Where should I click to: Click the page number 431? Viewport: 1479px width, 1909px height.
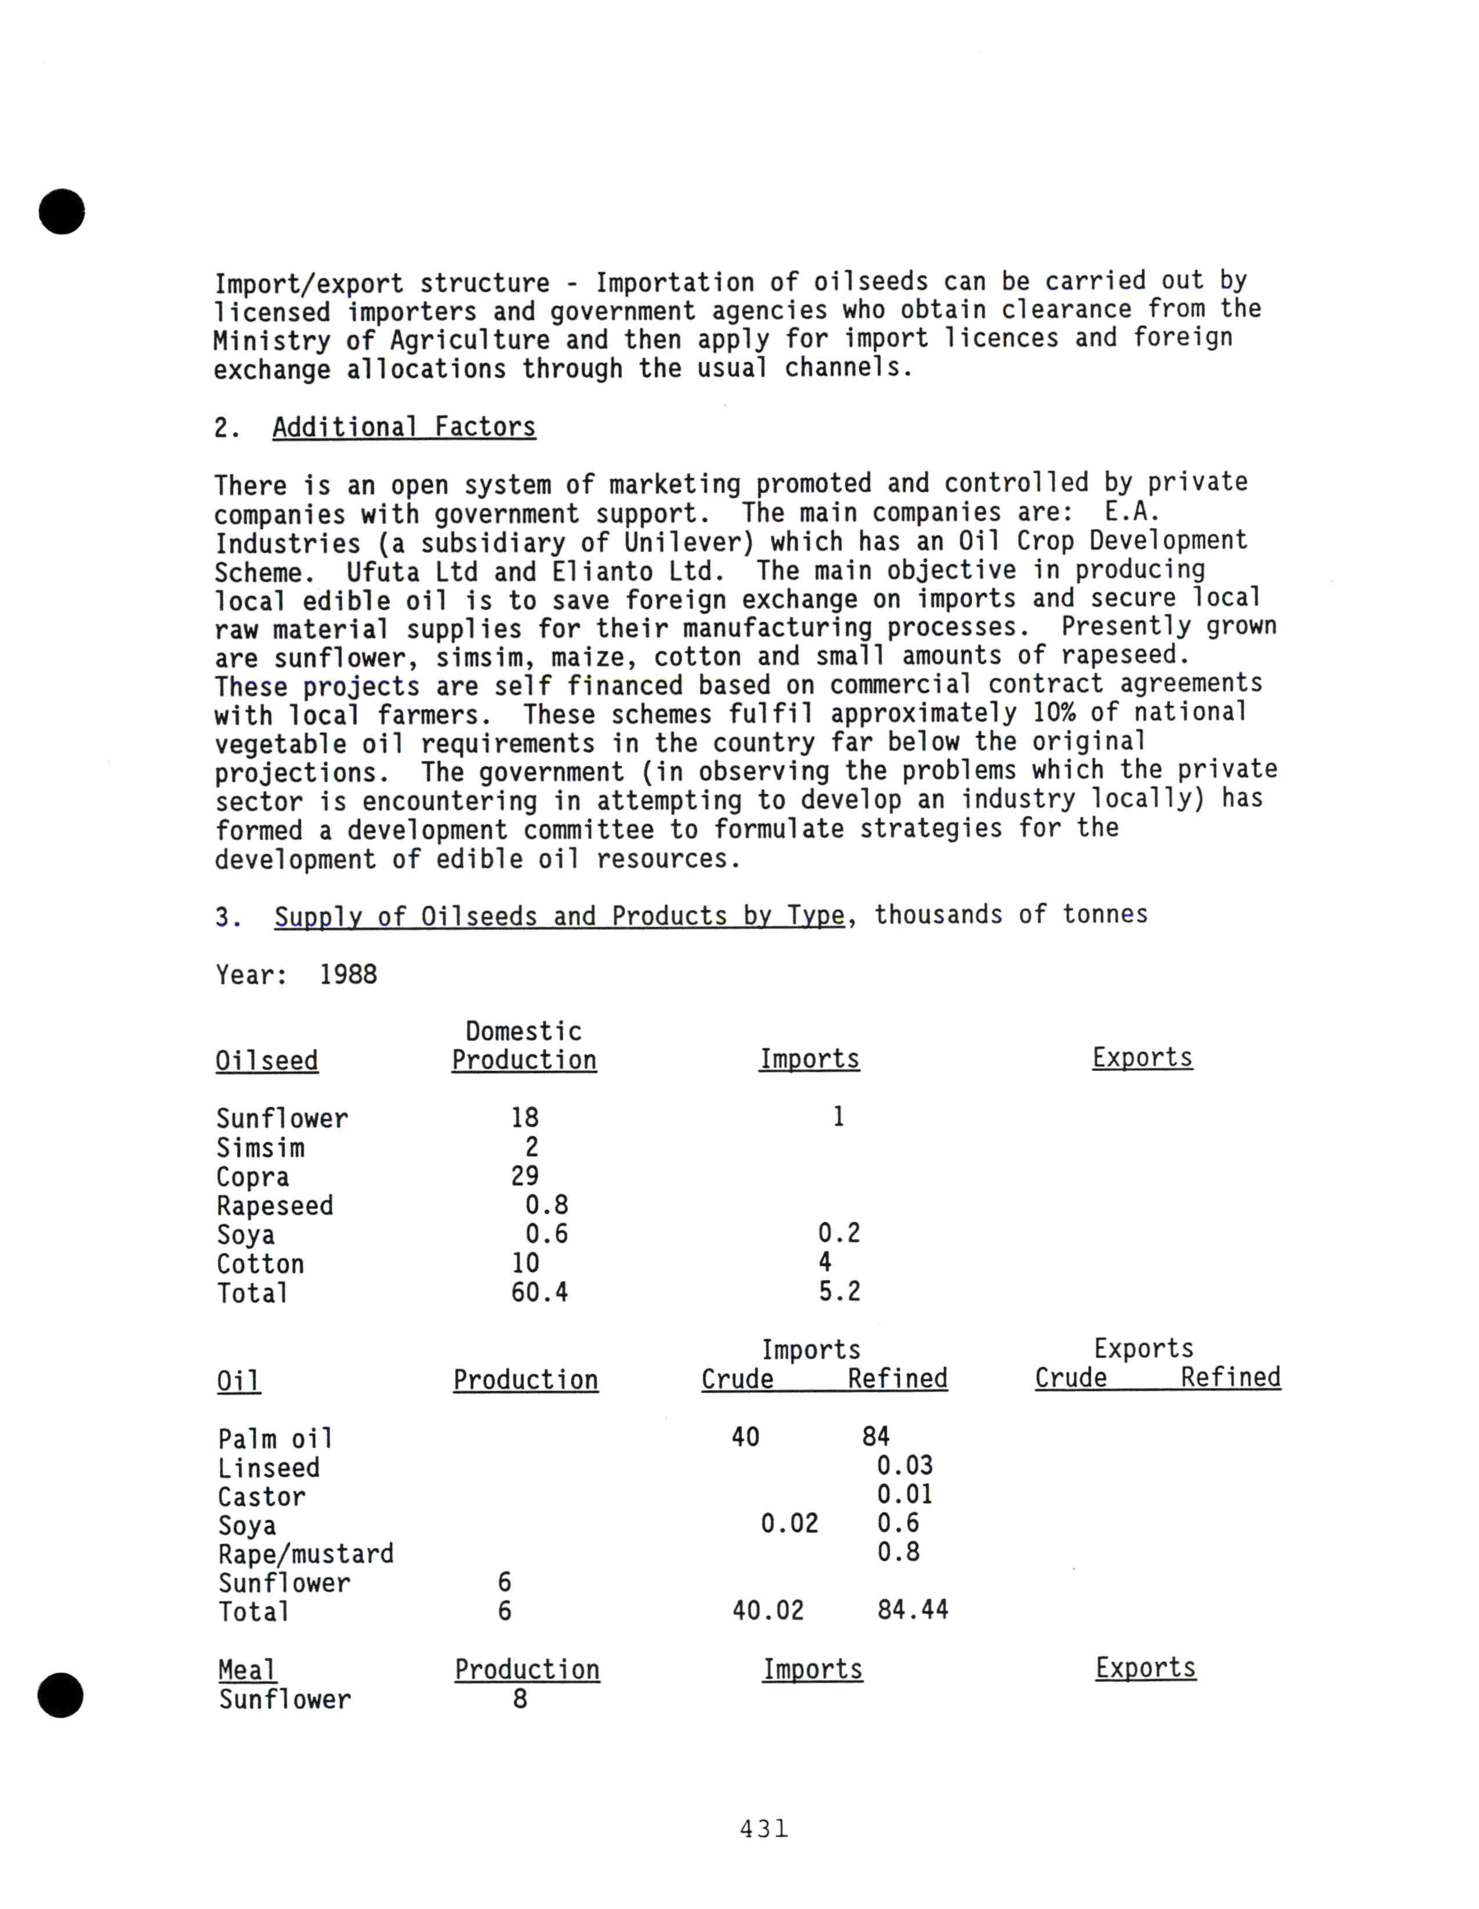coord(763,1828)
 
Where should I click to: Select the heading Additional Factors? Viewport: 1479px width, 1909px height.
coord(404,428)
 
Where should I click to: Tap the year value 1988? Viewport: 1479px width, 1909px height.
coord(348,975)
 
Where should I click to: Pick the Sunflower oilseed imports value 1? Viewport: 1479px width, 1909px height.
coord(838,1117)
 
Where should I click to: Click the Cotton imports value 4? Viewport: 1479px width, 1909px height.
coord(824,1262)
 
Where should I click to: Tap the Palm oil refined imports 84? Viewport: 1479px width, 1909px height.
coord(875,1437)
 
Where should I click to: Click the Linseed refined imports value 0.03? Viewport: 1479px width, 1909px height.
coord(905,1466)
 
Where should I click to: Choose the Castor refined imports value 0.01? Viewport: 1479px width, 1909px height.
coord(905,1495)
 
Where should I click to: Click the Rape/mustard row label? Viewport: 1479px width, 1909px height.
coord(306,1554)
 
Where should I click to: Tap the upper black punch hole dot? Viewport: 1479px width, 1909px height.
coord(62,212)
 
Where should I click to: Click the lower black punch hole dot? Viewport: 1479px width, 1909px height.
coord(60,1695)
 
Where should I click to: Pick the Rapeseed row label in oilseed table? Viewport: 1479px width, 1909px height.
coord(274,1206)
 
